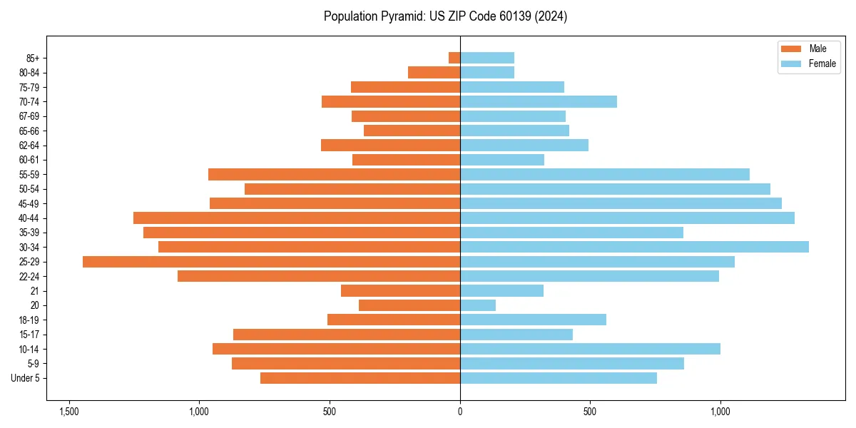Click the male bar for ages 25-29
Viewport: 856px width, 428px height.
271,262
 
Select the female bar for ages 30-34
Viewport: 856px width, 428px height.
634,247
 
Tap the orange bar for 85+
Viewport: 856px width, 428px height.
454,58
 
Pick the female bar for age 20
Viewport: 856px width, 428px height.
478,305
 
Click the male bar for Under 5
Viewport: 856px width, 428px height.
360,378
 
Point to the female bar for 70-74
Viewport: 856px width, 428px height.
539,101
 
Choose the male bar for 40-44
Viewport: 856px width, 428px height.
297,218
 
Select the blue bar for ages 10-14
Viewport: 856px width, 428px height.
590,349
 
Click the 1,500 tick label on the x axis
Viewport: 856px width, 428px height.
69,412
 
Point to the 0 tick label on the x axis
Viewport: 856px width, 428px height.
460,412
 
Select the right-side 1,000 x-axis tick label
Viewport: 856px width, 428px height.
720,412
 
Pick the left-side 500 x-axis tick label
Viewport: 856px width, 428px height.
330,412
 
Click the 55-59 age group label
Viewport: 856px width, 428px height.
29,174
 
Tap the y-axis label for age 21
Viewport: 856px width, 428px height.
35,291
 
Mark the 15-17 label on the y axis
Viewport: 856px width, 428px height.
29,335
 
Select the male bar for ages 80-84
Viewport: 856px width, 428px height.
434,72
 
